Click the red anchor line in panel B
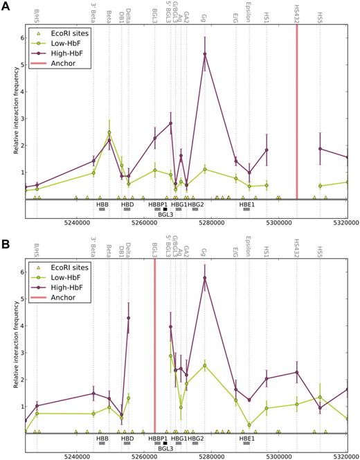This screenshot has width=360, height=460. pos(154,346)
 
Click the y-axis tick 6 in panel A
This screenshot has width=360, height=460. pos(20,38)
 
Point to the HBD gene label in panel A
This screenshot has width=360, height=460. pos(127,205)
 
